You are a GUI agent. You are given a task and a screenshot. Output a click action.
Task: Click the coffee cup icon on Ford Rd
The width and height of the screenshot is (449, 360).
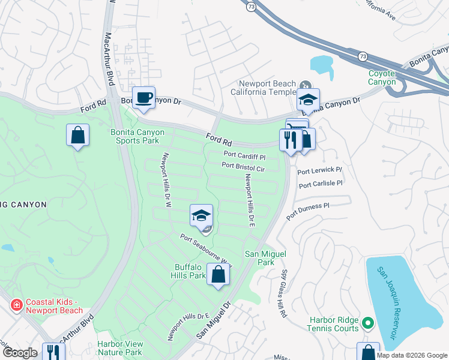tap(144, 98)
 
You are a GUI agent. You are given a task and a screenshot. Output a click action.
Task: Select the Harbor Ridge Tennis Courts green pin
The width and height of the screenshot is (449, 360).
tap(367, 325)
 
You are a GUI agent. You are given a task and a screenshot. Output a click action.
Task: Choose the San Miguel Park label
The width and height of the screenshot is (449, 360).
tap(260, 258)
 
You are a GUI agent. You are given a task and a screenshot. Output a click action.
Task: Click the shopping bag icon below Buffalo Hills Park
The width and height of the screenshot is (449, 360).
tap(219, 275)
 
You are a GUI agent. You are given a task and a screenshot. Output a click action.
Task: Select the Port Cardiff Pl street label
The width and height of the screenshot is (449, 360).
tap(244, 156)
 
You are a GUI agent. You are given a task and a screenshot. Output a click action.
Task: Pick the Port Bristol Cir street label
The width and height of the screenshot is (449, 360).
tap(243, 167)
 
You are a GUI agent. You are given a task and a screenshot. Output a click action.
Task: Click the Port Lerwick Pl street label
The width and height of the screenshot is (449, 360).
tap(319, 171)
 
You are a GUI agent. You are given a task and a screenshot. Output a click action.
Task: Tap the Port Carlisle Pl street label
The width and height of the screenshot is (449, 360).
tap(320, 184)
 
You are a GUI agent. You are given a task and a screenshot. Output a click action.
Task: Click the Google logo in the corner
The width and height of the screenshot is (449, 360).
tap(20, 353)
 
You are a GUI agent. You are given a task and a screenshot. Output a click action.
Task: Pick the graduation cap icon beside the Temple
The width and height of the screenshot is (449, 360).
tap(308, 100)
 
